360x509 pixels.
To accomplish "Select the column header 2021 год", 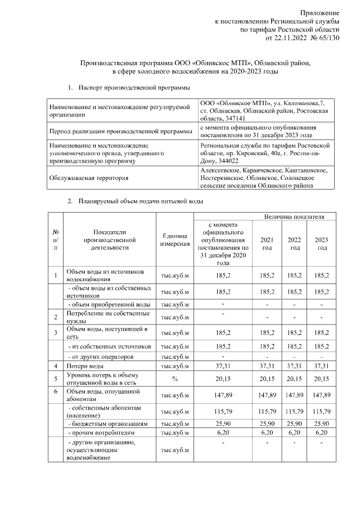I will click(x=267, y=243).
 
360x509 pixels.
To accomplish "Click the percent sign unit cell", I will click(x=174, y=379).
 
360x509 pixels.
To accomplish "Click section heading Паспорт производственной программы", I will click(x=134, y=88).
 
